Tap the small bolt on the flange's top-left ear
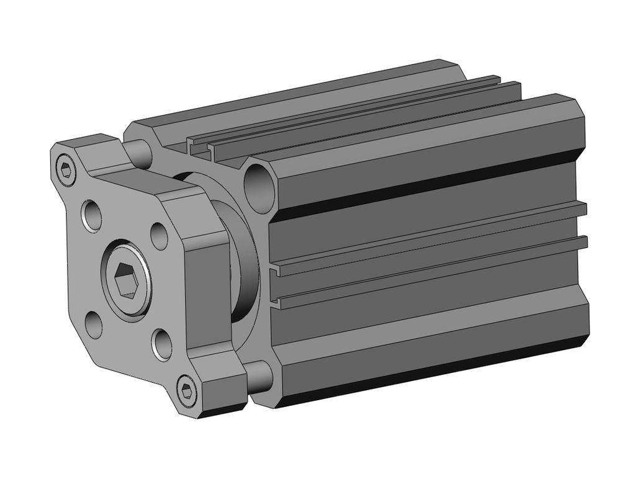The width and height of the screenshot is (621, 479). coord(66,168)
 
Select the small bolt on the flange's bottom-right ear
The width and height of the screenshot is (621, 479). coord(186,390)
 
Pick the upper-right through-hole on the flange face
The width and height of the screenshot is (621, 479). coord(159,235)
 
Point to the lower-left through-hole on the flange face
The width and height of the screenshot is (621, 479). coord(94,325)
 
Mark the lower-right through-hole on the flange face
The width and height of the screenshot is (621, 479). coord(162,345)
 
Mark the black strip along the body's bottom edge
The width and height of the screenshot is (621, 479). coord(435,372)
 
